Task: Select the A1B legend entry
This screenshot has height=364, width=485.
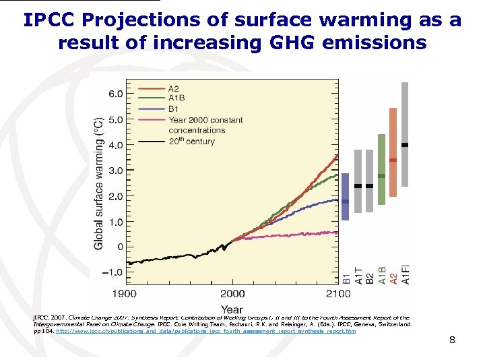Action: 176,98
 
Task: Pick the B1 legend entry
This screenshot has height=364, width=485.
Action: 173,109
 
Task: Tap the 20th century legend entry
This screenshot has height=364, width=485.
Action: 191,142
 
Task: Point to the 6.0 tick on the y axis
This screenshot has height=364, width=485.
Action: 116,94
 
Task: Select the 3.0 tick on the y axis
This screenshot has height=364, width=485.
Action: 116,171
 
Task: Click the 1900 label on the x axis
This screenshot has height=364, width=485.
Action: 124,294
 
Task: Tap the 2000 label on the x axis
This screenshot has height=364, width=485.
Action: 232,294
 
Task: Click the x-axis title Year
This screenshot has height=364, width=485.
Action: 232,309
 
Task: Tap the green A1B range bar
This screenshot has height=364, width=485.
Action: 382,169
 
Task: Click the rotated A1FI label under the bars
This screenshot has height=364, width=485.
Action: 405,272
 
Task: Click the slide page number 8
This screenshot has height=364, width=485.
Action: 452,340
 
